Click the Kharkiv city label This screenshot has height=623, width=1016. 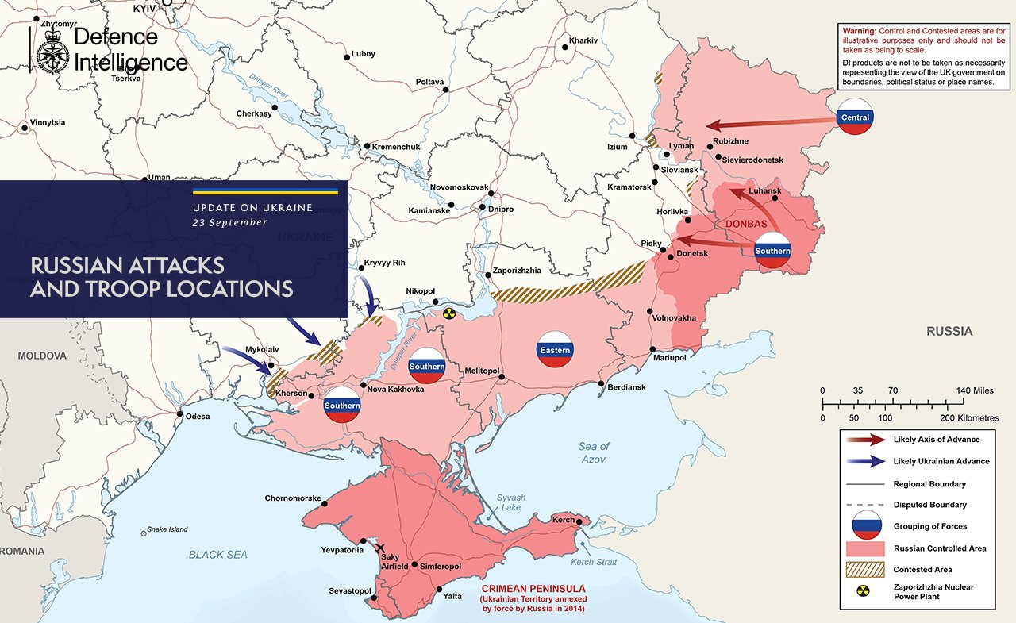click(583, 40)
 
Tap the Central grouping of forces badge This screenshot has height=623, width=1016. click(855, 117)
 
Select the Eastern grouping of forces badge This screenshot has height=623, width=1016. click(554, 350)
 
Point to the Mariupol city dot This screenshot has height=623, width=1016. click(652, 349)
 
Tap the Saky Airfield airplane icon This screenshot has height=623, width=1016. click(380, 548)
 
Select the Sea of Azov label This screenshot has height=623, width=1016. click(593, 453)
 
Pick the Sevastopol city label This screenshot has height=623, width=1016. click(350, 591)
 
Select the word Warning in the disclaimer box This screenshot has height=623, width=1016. click(863, 30)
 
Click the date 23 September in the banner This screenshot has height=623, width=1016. click(230, 223)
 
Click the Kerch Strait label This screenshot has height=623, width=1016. click(594, 563)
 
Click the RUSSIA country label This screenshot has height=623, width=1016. click(949, 331)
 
